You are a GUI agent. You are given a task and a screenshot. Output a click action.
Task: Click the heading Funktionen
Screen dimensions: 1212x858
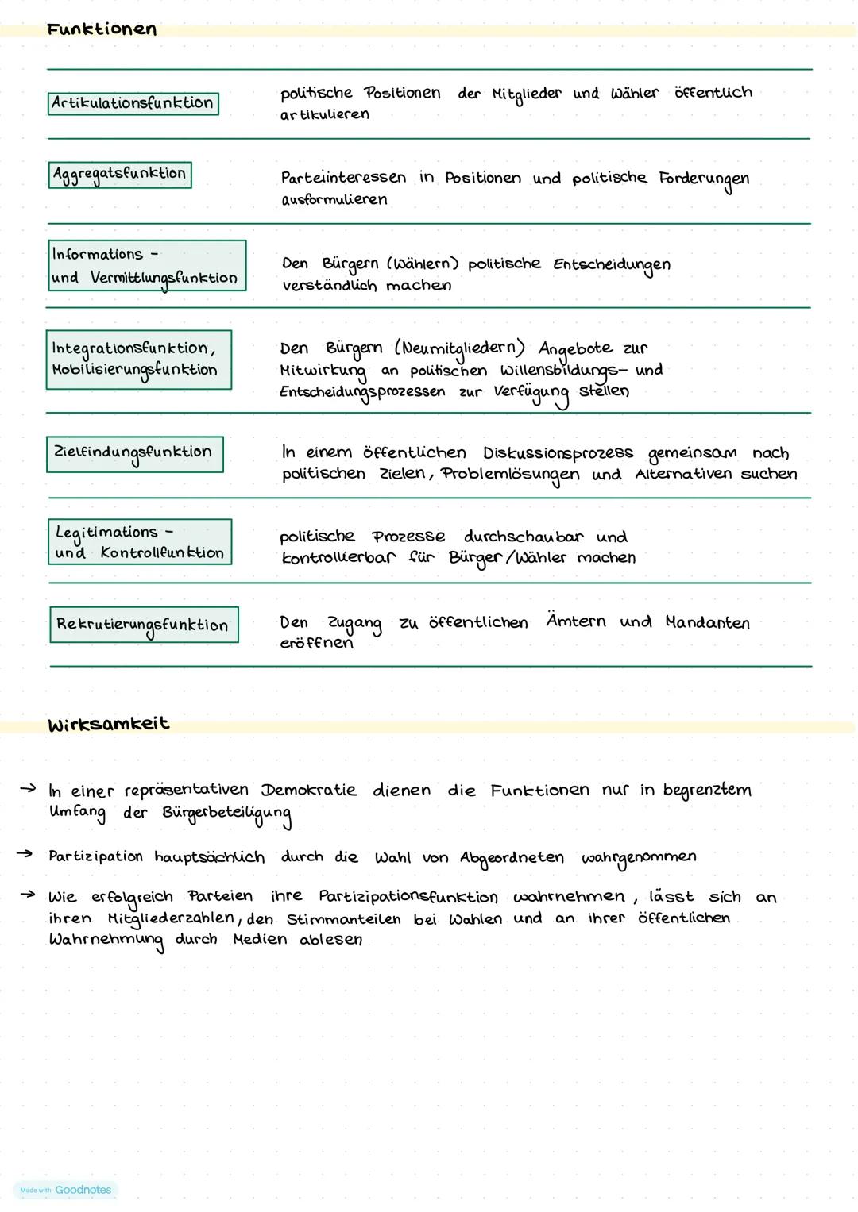point(102,30)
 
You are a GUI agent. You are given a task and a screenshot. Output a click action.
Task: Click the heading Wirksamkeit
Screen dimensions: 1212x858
point(108,724)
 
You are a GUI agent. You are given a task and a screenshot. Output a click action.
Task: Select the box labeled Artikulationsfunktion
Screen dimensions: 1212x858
point(133,103)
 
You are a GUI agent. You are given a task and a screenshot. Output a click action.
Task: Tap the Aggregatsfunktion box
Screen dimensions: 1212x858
point(120,175)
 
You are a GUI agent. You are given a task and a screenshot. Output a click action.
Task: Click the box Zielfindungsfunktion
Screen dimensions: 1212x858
point(134,453)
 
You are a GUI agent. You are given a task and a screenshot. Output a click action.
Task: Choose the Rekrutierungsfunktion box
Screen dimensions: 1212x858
point(143,625)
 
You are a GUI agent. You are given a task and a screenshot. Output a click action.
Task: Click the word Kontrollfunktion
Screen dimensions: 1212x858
point(162,553)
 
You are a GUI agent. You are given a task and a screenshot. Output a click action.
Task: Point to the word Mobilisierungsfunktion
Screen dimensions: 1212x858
point(134,370)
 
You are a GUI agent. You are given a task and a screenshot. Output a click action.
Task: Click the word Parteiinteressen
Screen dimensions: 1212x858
point(343,178)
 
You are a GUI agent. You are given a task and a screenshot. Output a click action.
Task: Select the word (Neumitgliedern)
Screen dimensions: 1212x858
point(459,348)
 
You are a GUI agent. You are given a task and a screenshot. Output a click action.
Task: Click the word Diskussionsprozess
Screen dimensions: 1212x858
point(558,453)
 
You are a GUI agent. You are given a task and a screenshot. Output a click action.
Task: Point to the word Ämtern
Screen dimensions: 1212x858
point(576,621)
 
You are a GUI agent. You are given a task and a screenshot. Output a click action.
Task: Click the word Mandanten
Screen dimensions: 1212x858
point(707,622)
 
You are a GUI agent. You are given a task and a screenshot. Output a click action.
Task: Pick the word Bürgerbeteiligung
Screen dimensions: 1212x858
point(226,814)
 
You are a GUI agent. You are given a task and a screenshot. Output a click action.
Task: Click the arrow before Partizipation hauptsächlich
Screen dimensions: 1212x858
point(25,855)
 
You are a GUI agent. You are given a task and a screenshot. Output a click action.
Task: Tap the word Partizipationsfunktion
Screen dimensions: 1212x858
point(408,897)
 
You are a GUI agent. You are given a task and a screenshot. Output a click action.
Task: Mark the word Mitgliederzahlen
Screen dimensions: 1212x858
point(171,919)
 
